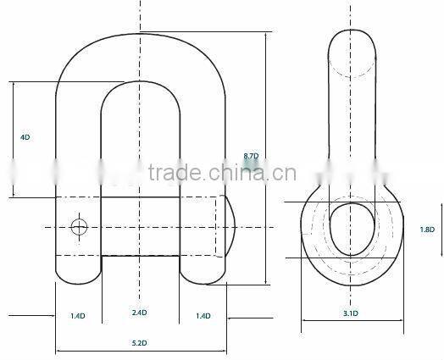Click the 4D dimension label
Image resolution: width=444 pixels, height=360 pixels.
point(25,137)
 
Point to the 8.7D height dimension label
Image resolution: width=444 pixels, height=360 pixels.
point(251,157)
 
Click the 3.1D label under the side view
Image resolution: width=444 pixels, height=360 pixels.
point(350,314)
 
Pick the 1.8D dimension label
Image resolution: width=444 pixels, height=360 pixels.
point(427,230)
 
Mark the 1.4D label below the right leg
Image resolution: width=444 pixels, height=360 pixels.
point(203,315)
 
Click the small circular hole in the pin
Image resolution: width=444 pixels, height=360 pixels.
point(80,226)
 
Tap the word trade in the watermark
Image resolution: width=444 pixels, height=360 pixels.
point(174,176)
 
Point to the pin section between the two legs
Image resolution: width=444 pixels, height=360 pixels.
point(141,225)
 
